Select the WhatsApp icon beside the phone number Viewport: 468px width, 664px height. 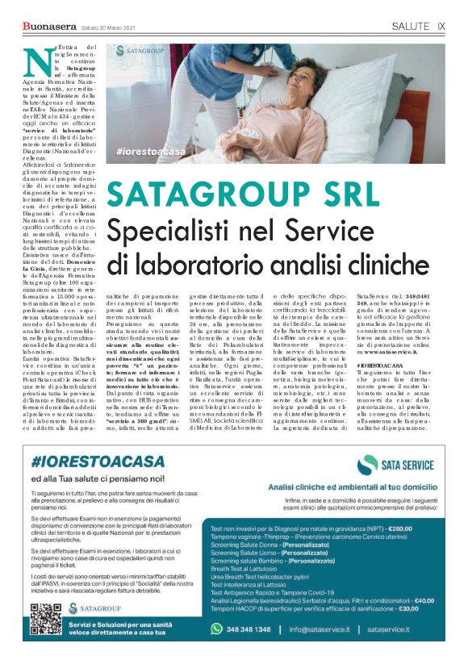(x=216, y=628)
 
